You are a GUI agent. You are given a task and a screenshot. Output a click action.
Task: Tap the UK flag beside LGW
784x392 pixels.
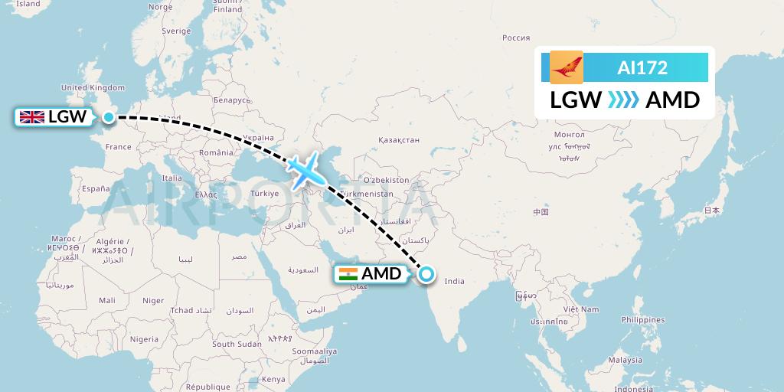pyautogui.click(x=31, y=117)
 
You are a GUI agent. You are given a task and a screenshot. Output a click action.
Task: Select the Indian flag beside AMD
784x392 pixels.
pyautogui.click(x=348, y=274)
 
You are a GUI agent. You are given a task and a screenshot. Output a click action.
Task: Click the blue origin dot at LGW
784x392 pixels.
pyautogui.click(x=109, y=117)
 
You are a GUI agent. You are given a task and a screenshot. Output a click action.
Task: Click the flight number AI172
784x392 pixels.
pyautogui.click(x=642, y=68)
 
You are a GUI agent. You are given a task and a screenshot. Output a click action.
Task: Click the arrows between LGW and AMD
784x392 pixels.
pyautogui.click(x=622, y=100)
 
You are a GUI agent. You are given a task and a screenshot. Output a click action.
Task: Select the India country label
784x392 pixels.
pyautogui.click(x=455, y=281)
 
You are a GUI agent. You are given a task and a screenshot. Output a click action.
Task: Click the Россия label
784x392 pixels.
pyautogui.click(x=516, y=38)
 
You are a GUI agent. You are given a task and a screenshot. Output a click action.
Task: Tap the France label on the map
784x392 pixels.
pyautogui.click(x=119, y=146)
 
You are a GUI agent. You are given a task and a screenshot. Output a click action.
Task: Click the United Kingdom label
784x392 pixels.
pyautogui.click(x=93, y=88)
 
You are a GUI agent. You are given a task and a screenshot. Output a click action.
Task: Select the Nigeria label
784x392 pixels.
pyautogui.click(x=144, y=338)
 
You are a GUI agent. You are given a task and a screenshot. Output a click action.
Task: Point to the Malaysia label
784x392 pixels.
pyautogui.click(x=625, y=360)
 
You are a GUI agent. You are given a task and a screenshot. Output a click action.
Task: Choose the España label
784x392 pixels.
pyautogui.click(x=96, y=188)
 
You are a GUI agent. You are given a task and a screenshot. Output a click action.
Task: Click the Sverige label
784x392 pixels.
pyautogui.click(x=176, y=31)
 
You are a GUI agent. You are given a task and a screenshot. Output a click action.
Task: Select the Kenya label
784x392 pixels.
pyautogui.click(x=273, y=379)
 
